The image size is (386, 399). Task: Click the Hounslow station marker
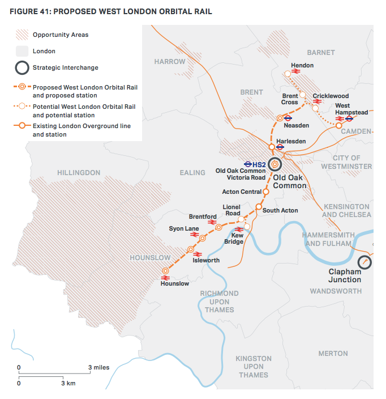166,271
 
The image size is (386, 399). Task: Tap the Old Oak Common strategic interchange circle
275,164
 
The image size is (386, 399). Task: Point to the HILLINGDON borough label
79,173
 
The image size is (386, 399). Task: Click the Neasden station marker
280,118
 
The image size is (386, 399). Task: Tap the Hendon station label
302,66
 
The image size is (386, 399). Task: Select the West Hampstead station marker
339,125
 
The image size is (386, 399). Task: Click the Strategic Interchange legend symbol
22,68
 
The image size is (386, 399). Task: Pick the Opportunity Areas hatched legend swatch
22,35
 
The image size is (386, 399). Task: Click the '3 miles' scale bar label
98,367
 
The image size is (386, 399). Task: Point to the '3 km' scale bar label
68,383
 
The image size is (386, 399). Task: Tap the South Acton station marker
259,207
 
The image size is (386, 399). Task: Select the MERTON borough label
333,354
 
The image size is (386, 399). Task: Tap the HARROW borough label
170,61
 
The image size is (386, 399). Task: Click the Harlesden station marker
272,147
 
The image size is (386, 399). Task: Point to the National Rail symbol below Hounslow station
166,278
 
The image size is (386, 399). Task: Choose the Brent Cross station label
290,99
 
